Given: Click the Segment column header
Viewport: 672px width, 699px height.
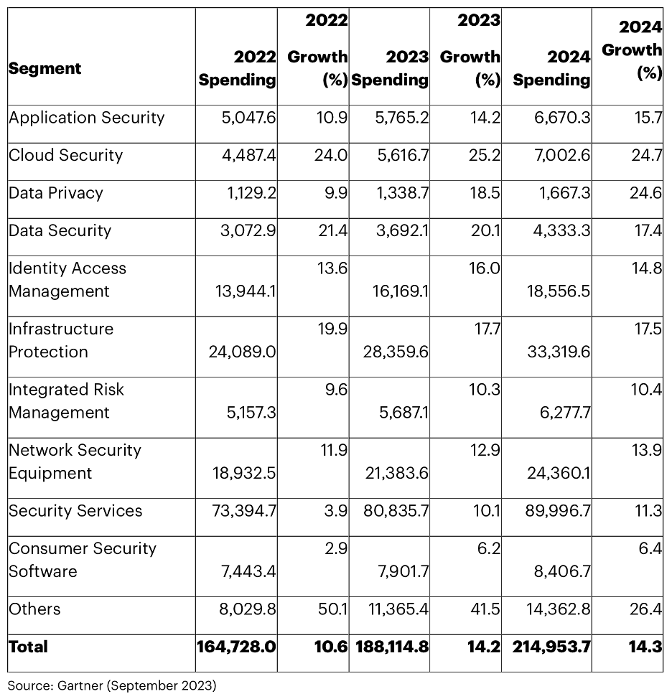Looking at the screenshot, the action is click(45, 69).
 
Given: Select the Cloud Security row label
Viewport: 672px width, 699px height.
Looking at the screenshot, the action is click(65, 155).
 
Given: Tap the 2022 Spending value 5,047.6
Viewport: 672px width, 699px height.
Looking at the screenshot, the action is click(249, 118).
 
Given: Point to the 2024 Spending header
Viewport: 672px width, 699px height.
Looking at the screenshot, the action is click(551, 68).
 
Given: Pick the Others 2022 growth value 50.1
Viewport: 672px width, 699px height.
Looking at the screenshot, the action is click(332, 609).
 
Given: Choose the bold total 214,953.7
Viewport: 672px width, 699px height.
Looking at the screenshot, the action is click(551, 647).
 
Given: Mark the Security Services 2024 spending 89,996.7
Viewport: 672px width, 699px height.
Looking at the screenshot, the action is click(558, 510).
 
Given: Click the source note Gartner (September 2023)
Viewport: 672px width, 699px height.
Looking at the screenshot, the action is click(112, 685).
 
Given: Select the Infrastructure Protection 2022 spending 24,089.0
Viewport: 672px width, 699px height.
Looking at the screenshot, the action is click(242, 352).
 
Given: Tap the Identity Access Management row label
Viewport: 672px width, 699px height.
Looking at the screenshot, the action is click(67, 279).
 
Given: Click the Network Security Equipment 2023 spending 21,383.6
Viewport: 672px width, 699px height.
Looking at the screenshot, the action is click(397, 473).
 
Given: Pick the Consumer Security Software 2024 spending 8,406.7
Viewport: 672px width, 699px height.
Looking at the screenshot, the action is click(562, 571).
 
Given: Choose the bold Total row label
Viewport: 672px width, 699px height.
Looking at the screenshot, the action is click(28, 647).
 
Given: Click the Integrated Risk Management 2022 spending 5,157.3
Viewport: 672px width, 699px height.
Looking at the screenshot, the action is click(251, 413).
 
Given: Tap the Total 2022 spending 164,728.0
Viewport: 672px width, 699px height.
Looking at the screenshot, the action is click(236, 647).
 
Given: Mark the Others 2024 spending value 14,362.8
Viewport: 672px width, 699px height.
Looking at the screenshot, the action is click(559, 609).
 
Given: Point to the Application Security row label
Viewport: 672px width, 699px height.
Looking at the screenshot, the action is click(86, 118).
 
